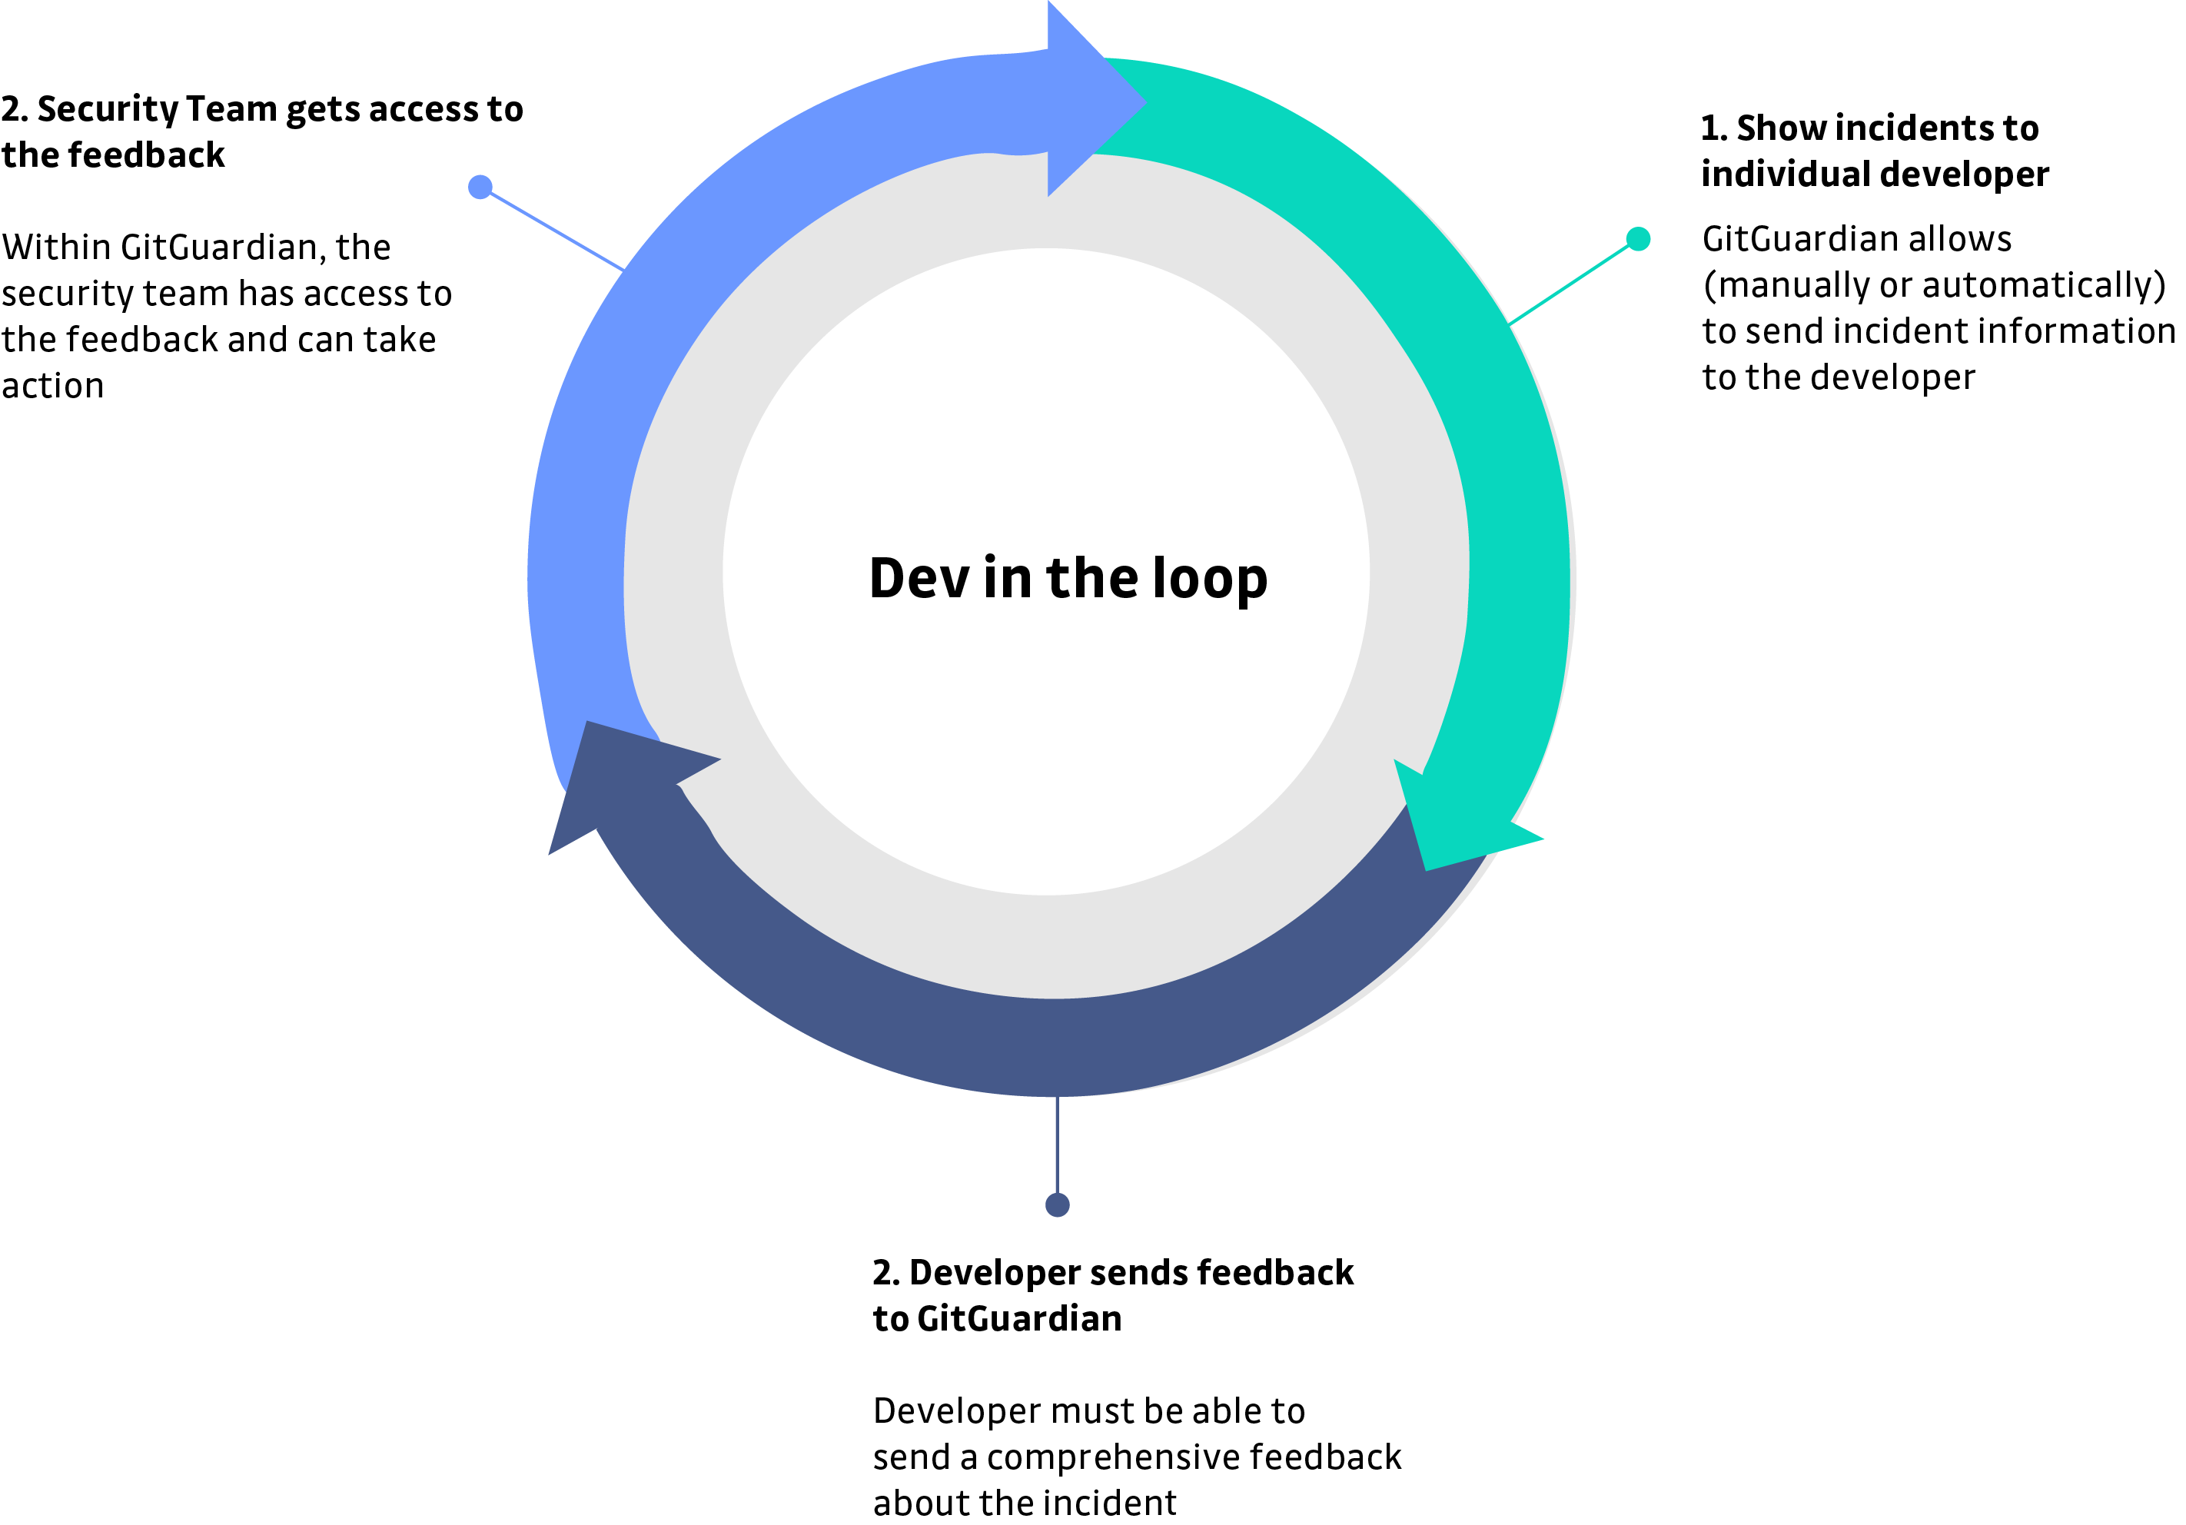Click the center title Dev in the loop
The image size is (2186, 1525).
tap(1068, 578)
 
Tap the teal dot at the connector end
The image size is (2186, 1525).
tap(1638, 239)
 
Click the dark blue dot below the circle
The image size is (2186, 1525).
tap(1057, 1205)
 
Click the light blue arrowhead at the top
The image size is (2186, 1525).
tap(1095, 100)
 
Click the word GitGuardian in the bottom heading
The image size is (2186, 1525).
tap(1018, 1319)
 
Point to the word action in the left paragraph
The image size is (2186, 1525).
tap(52, 387)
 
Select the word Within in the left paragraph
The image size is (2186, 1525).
tap(57, 248)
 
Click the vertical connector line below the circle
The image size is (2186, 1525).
tap(1057, 1147)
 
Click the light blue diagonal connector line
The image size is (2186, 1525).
tap(557, 231)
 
